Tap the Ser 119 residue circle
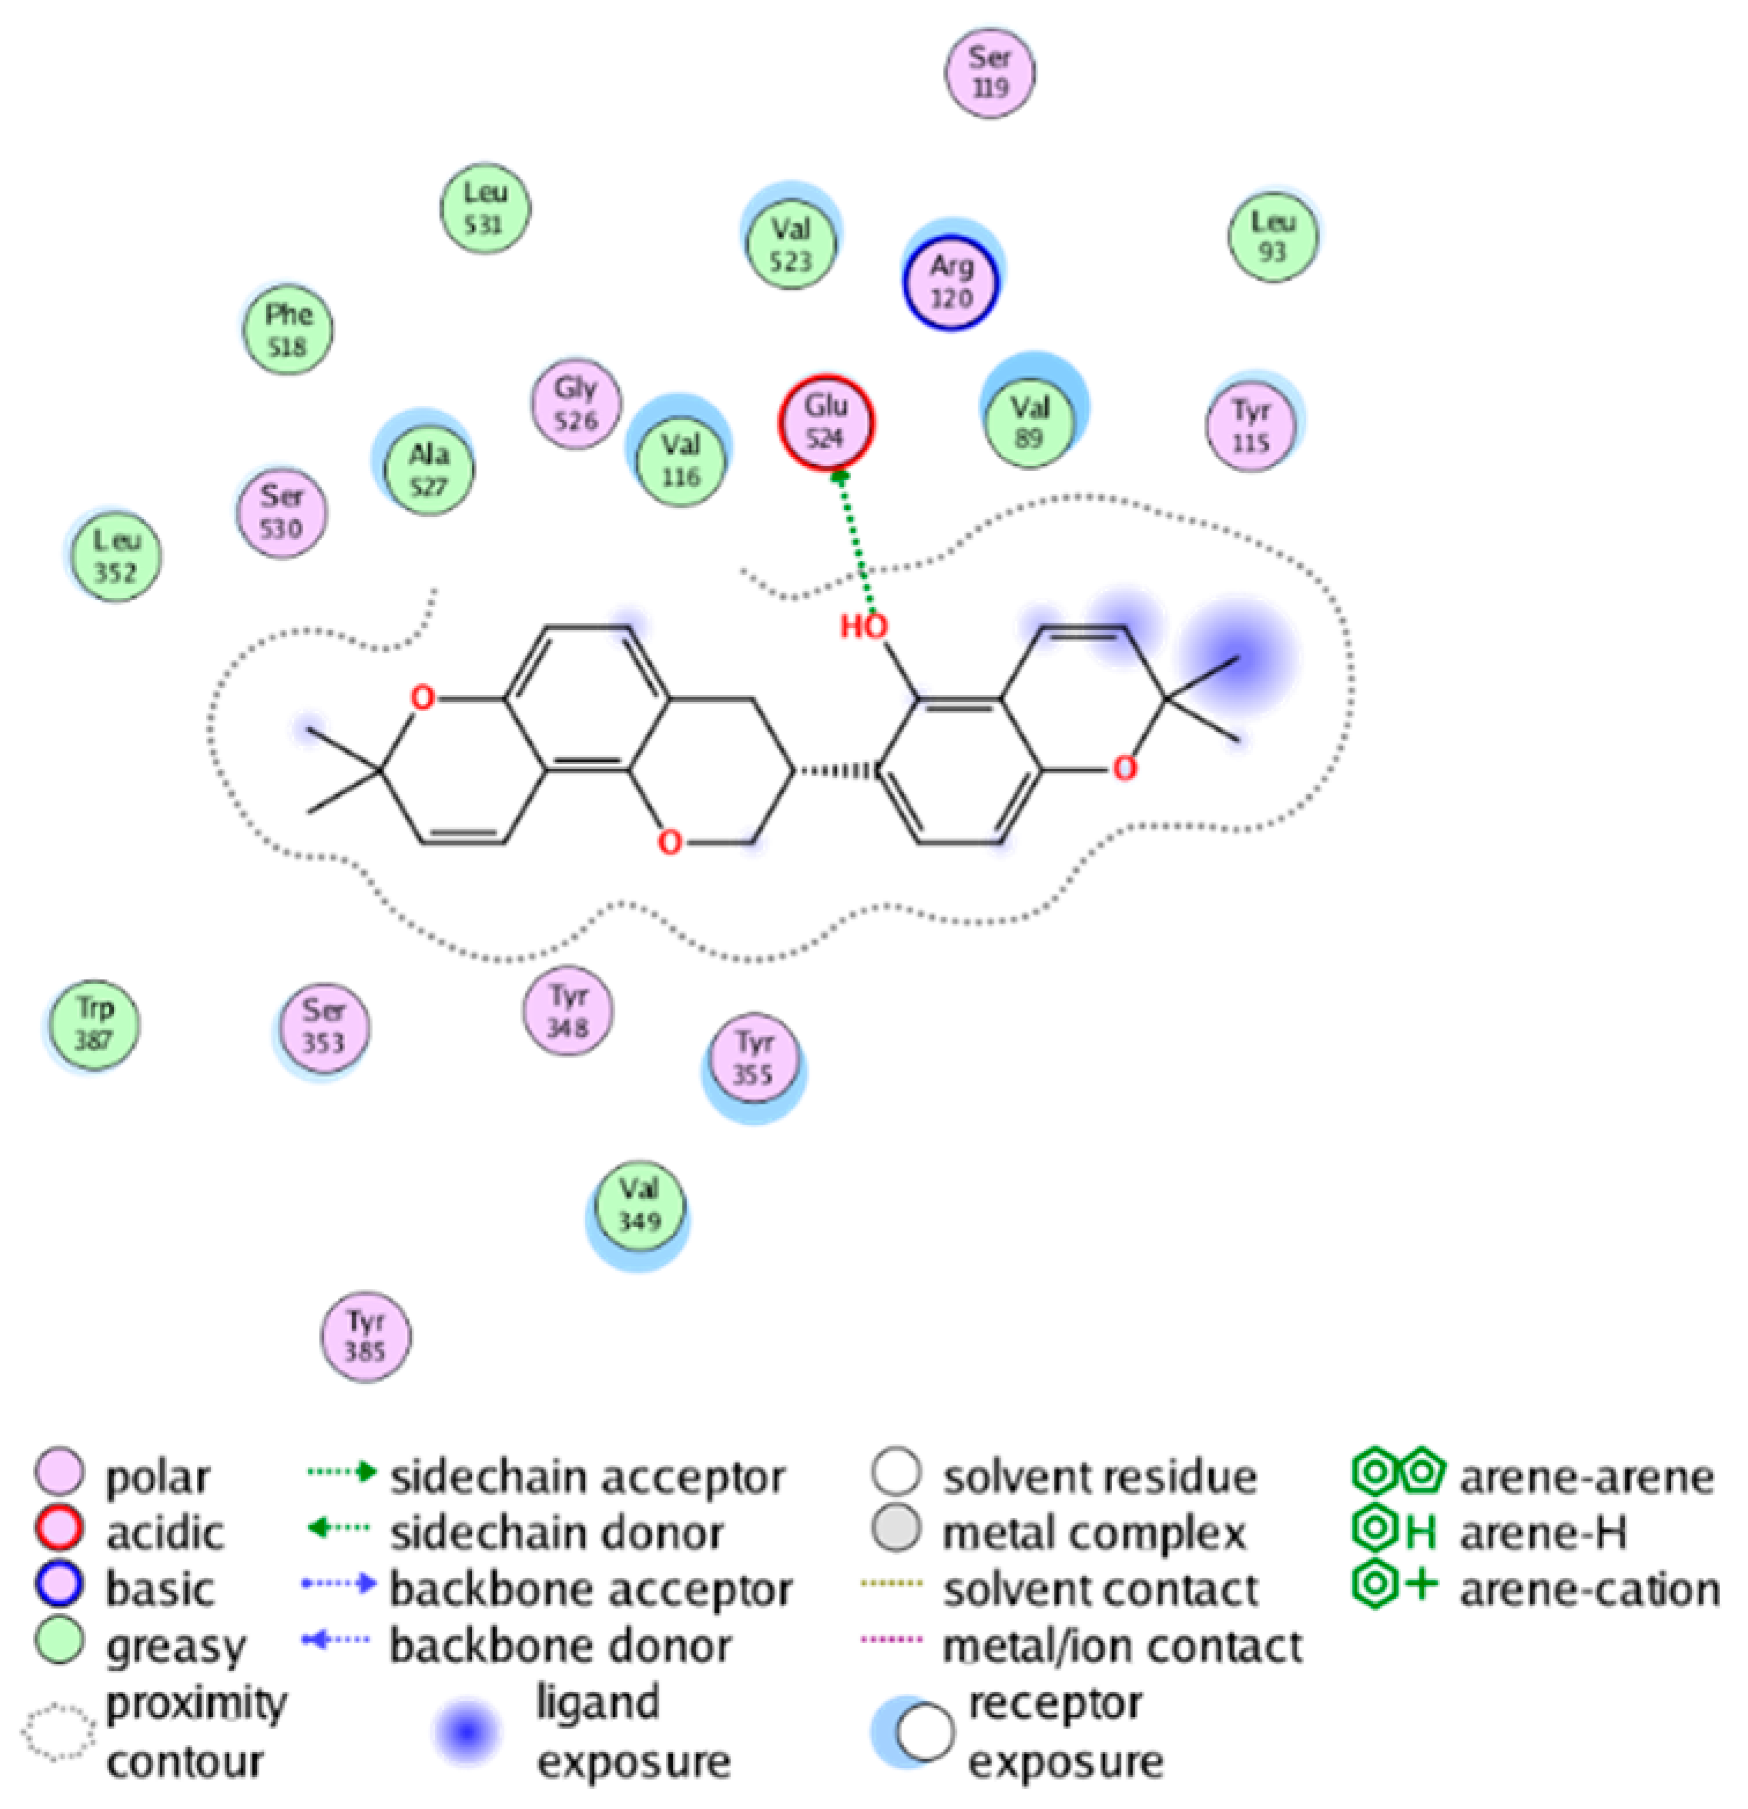pyautogui.click(x=989, y=73)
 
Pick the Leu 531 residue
pyautogui.click(x=484, y=209)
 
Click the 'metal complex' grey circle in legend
pyautogui.click(x=895, y=1528)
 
